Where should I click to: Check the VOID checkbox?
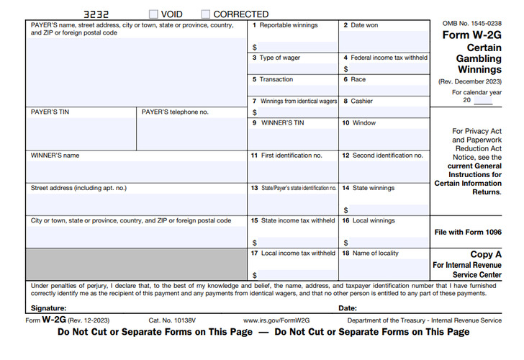coord(153,14)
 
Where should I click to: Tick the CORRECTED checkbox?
coord(206,14)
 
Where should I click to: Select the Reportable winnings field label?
coord(288,25)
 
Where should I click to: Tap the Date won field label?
coord(363,25)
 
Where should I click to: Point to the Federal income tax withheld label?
coord(389,58)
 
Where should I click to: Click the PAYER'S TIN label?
coord(50,112)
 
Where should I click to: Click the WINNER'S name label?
coord(55,155)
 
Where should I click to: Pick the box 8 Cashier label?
coord(361,102)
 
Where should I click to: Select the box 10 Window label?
coord(363,123)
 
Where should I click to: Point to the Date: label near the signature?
coord(348,308)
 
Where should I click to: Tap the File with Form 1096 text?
coord(468,232)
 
